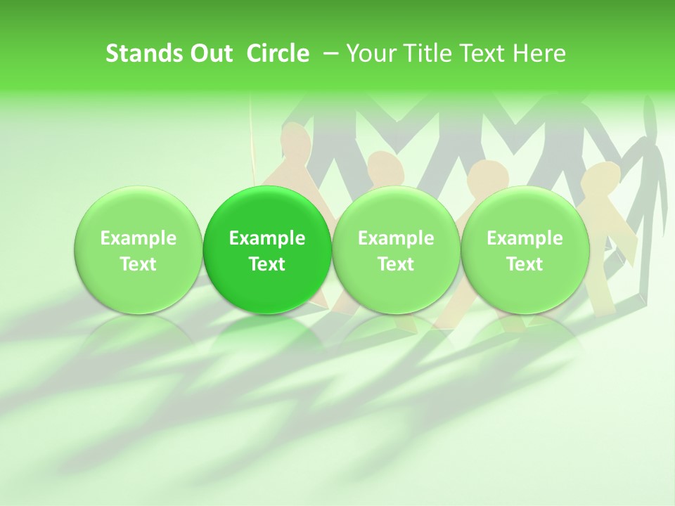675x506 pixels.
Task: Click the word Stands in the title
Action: [x=136, y=53]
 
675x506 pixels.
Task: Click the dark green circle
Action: [x=267, y=250]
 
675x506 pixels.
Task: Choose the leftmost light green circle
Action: [x=139, y=250]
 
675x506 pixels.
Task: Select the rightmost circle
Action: [x=525, y=250]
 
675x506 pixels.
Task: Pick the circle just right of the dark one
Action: [x=396, y=250]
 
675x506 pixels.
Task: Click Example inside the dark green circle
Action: [x=267, y=239]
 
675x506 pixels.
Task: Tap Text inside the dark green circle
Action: [x=267, y=264]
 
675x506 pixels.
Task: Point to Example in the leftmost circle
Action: [x=139, y=239]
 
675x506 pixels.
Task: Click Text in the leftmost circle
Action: [x=139, y=264]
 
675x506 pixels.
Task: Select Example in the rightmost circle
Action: [x=525, y=239]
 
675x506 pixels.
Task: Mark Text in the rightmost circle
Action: [x=525, y=264]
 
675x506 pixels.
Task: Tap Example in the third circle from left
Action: [x=396, y=239]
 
